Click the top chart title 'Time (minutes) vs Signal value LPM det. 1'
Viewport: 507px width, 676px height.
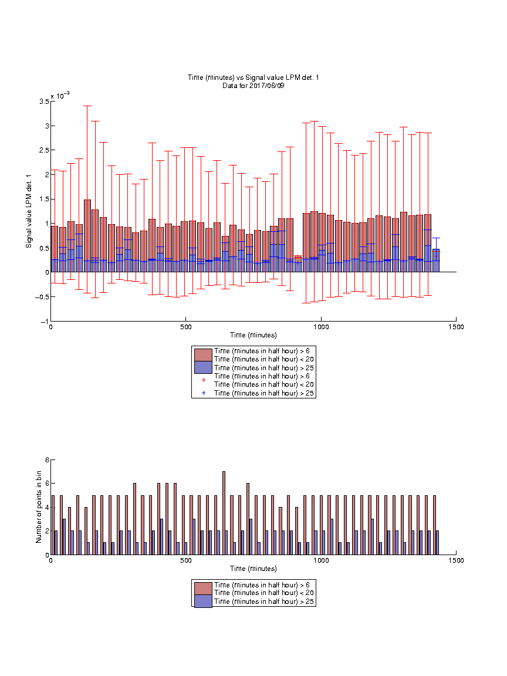coord(253,77)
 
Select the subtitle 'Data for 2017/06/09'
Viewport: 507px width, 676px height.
coord(253,85)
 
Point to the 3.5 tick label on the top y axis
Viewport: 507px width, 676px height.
coord(44,102)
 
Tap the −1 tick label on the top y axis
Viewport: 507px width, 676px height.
coord(44,322)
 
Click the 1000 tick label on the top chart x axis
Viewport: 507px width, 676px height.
coord(321,327)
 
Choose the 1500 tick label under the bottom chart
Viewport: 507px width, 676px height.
coord(456,560)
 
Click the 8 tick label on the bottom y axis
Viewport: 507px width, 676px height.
coord(47,460)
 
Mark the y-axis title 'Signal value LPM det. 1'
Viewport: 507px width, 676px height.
coord(29,211)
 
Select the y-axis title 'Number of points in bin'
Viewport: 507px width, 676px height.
coord(39,507)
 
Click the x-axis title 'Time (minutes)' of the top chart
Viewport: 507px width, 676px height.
coord(253,335)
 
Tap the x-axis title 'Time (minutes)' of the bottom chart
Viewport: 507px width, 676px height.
coord(253,569)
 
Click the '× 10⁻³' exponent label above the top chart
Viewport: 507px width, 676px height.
coord(60,95)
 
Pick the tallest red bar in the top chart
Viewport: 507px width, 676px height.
coord(87,236)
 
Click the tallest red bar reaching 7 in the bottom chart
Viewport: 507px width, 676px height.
coord(224,513)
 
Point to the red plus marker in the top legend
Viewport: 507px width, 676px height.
coord(204,380)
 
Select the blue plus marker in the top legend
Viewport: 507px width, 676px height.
coord(204,393)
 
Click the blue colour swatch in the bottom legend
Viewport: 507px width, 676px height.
coord(203,601)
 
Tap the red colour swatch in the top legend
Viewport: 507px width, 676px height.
coord(203,355)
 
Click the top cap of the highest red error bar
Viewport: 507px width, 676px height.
coord(87,106)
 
